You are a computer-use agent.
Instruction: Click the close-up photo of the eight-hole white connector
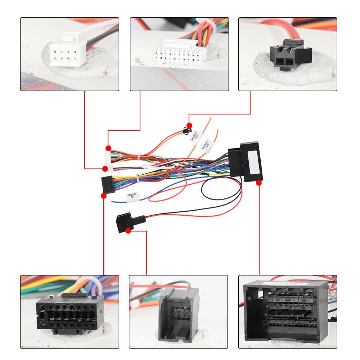[x=69, y=54]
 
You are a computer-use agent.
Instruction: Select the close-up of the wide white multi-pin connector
[x=179, y=54]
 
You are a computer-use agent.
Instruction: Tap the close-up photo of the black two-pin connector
[x=288, y=54]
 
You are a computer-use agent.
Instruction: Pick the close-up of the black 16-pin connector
[x=69, y=312]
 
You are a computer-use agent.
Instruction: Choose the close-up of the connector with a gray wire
[x=178, y=312]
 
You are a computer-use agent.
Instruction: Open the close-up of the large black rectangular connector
[x=288, y=312]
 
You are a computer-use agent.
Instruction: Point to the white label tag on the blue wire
[x=132, y=197]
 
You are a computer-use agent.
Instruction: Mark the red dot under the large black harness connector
[x=259, y=183]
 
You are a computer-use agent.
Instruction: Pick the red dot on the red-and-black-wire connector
[x=128, y=230]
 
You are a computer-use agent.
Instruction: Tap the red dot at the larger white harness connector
[x=108, y=148]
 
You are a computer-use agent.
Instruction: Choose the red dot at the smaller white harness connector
[x=105, y=168]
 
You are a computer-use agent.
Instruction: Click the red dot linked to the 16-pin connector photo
[x=104, y=196]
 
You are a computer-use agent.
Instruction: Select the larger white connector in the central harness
[x=107, y=156]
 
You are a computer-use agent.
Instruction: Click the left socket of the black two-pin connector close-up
[x=280, y=62]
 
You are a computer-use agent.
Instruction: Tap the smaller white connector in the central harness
[x=110, y=168]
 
